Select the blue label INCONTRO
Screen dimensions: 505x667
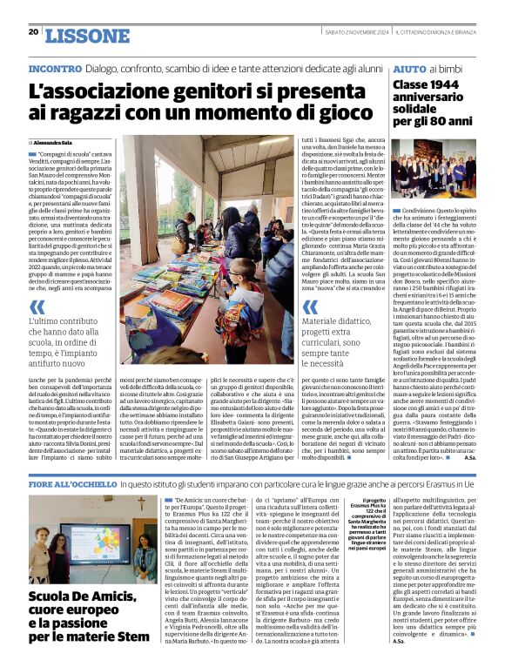(x=55, y=68)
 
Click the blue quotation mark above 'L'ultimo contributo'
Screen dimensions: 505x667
(x=37, y=307)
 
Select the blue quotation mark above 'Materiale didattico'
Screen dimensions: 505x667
(x=310, y=307)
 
